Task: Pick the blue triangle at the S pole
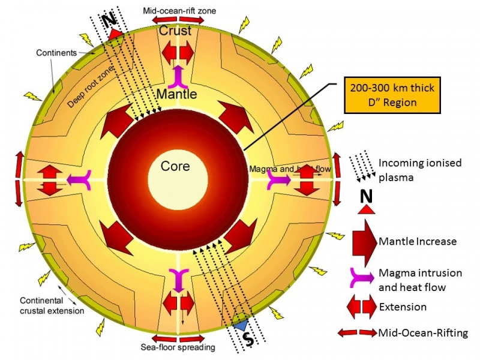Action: click(x=241, y=325)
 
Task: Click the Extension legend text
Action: click(x=403, y=307)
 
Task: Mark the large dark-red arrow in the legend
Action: click(x=365, y=241)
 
